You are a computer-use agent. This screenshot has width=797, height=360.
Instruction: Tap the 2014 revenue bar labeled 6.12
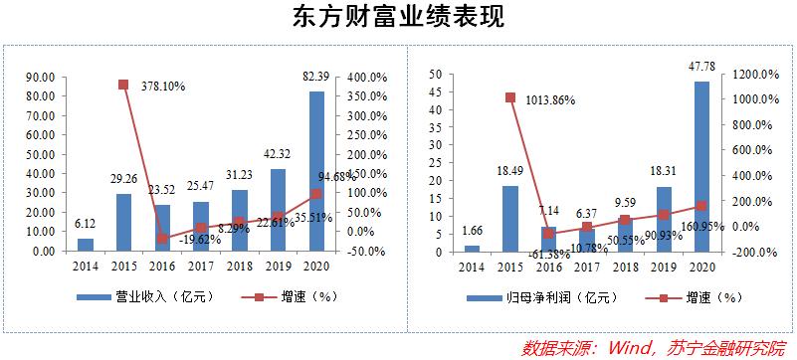pyautogui.click(x=86, y=245)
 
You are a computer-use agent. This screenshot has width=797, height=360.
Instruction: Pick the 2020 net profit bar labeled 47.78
pyautogui.click(x=702, y=165)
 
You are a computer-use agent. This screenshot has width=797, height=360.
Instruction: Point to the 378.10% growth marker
pyautogui.click(x=123, y=85)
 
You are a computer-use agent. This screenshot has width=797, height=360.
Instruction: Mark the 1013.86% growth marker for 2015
pyautogui.click(x=509, y=97)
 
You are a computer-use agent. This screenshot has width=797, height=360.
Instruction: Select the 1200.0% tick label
pyautogui.click(x=756, y=74)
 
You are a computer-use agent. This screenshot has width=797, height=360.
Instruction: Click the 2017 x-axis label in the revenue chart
pyautogui.click(x=201, y=266)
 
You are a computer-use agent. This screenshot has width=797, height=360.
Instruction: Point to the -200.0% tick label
pyautogui.click(x=756, y=252)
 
